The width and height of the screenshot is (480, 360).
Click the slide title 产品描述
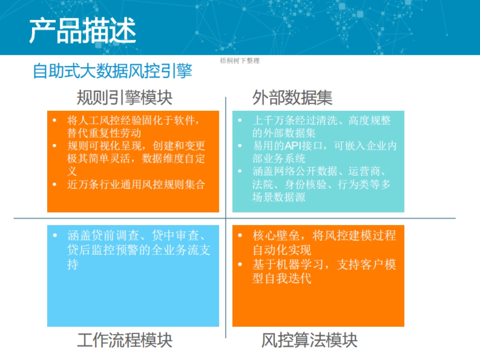(x=82, y=30)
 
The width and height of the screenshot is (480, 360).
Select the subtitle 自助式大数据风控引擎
(x=112, y=71)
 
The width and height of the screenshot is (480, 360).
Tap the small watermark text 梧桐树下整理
(x=240, y=61)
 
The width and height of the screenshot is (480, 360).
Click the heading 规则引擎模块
(x=124, y=97)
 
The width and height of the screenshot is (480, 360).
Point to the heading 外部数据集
(x=292, y=97)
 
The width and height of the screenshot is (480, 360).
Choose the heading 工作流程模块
(x=124, y=340)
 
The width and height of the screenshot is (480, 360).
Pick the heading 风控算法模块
(x=309, y=340)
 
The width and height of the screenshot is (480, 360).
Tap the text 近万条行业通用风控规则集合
(x=136, y=184)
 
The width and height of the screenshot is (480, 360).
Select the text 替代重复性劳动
(x=104, y=133)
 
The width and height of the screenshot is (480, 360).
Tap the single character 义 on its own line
(x=72, y=171)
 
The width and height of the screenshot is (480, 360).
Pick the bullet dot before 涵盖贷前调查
(x=55, y=236)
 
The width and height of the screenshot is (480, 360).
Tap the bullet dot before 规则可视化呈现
(x=55, y=146)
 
